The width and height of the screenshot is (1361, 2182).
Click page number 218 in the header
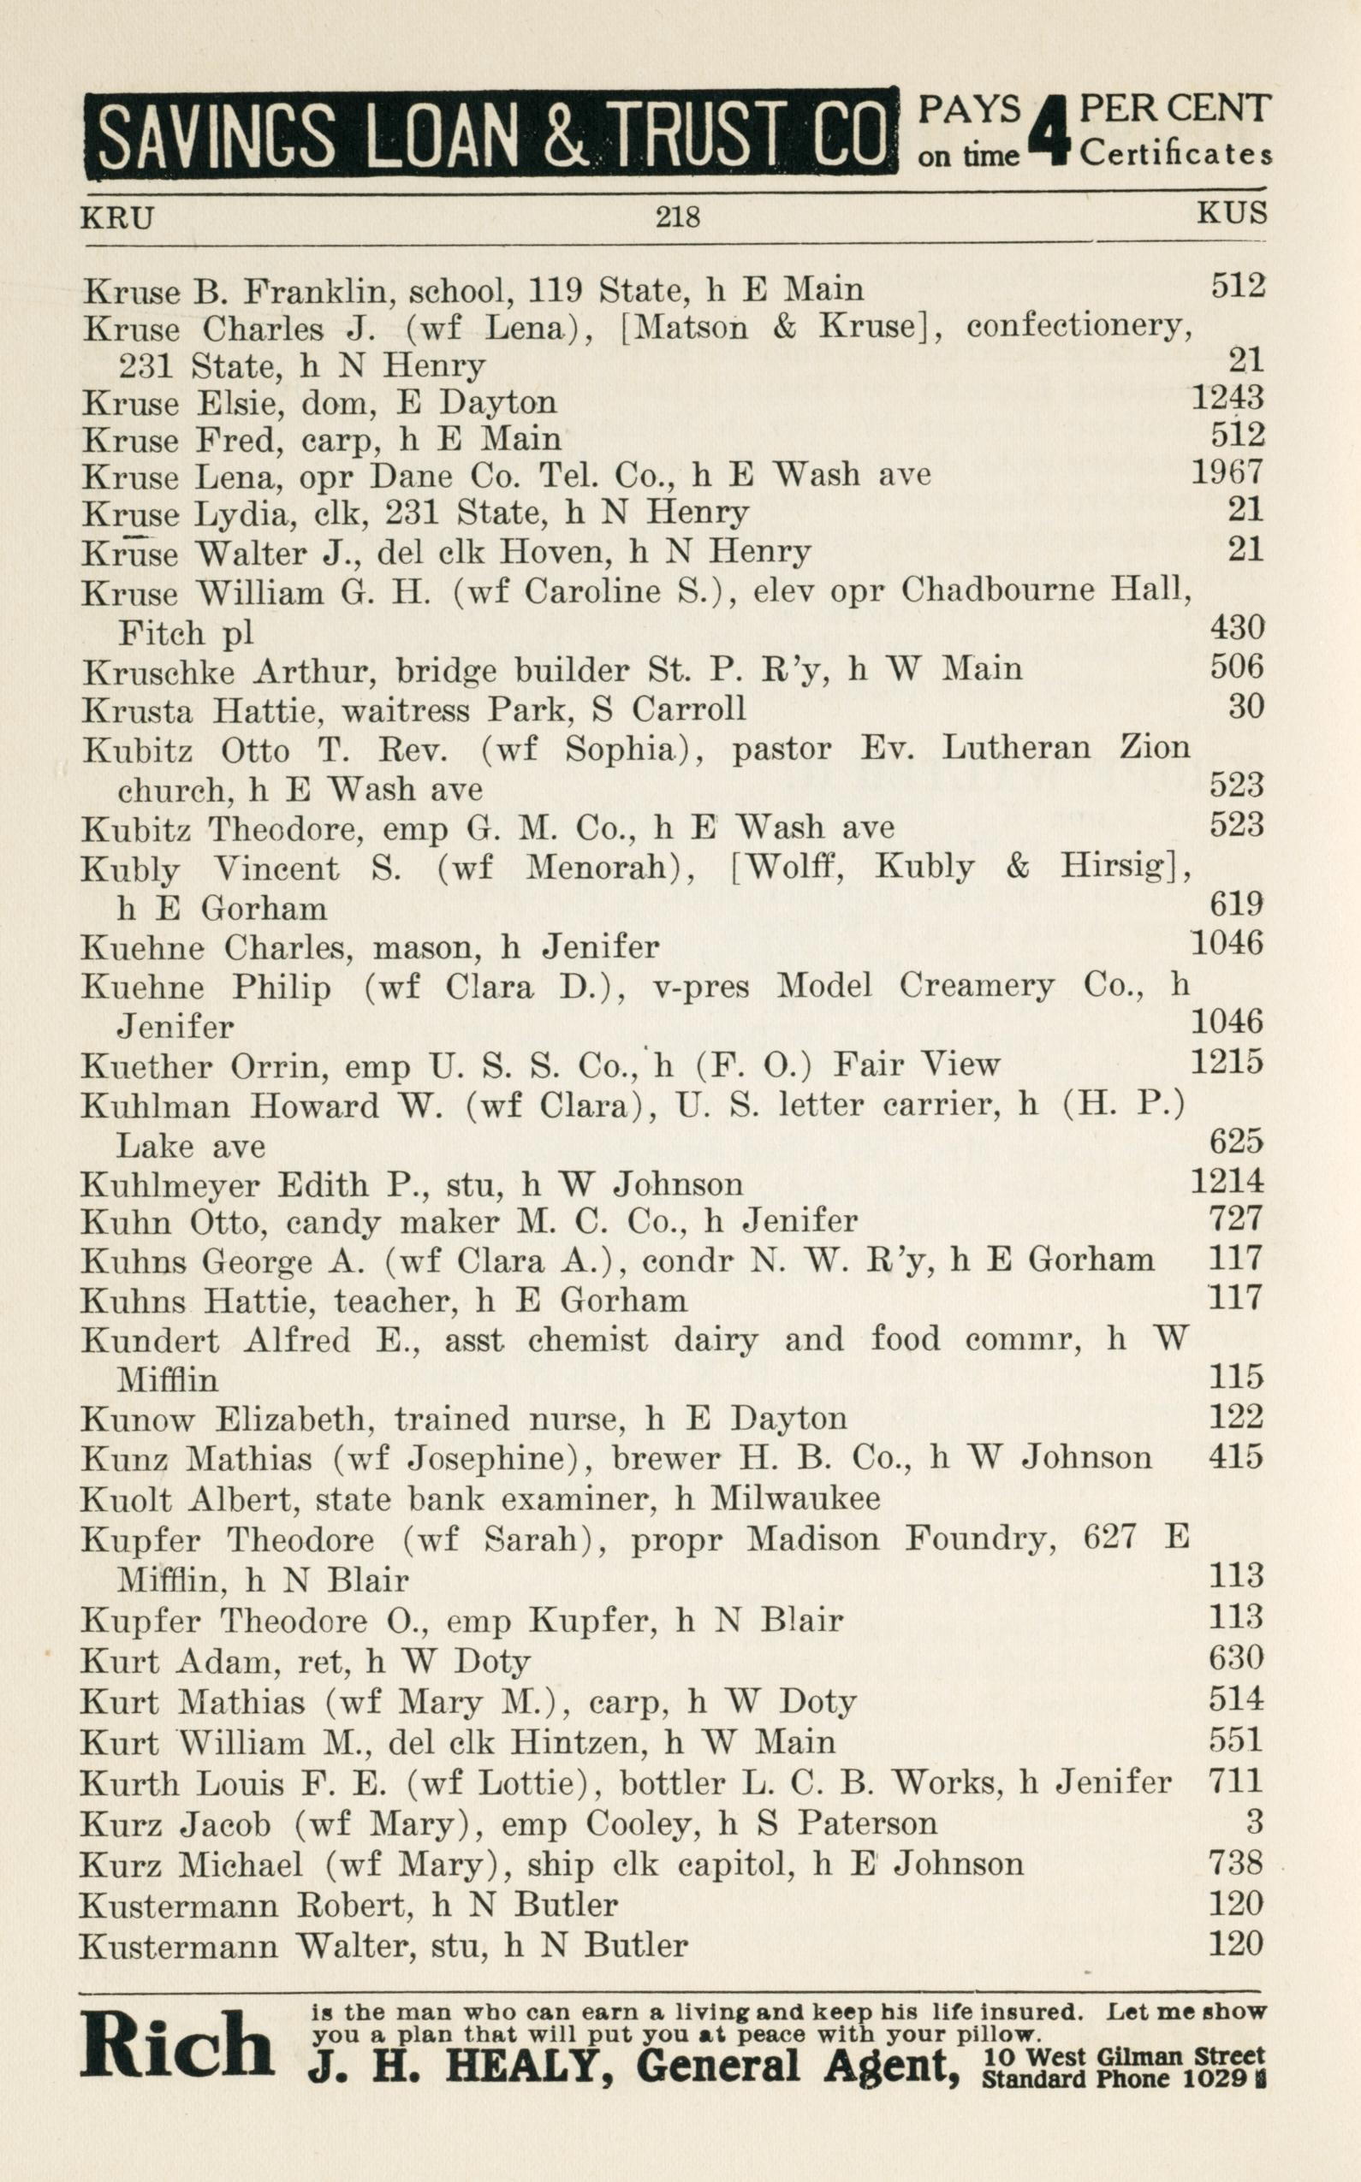click(x=677, y=216)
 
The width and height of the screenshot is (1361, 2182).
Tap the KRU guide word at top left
click(x=117, y=217)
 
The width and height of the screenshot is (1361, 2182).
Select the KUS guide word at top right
click(x=1232, y=213)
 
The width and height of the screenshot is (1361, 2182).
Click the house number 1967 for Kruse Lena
click(x=1227, y=472)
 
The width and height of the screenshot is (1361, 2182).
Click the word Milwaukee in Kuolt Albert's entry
click(x=794, y=1498)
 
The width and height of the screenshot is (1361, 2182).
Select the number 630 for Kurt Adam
click(x=1236, y=1657)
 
